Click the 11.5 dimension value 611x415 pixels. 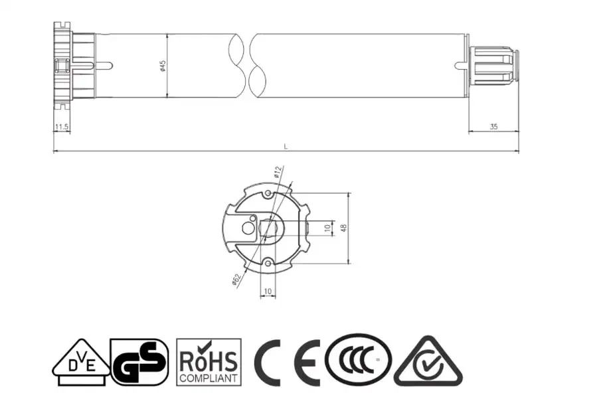[62, 126]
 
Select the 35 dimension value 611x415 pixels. [493, 126]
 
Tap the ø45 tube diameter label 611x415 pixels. [163, 66]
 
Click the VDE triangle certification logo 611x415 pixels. [81, 362]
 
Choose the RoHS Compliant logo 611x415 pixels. [209, 362]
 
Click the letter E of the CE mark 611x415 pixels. [307, 363]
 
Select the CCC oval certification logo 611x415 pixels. [359, 361]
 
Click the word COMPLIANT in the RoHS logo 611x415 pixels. [209, 378]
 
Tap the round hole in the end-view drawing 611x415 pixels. [248, 228]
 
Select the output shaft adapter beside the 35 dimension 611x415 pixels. [493, 66]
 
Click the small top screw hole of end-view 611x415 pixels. [268, 193]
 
